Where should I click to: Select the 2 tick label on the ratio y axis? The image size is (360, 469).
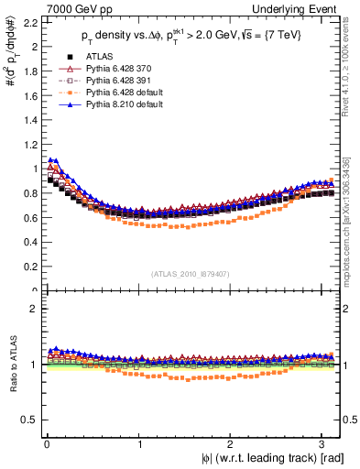[31, 309]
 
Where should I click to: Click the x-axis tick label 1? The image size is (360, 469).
[139, 443]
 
